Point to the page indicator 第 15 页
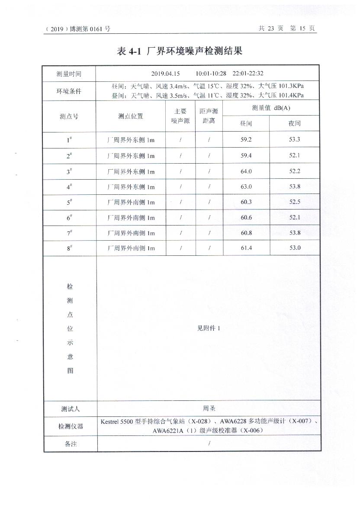[x=303, y=29]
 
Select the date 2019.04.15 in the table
[x=165, y=74]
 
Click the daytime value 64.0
[x=246, y=171]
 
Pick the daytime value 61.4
[x=246, y=248]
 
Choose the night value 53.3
[x=295, y=140]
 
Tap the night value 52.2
[x=295, y=171]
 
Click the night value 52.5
[x=295, y=202]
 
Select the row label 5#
[x=69, y=202]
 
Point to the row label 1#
[x=69, y=140]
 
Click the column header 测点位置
[x=131, y=116]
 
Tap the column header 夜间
[x=295, y=124]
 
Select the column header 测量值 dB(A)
[x=271, y=108]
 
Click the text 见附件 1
[x=209, y=328]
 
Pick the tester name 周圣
[x=209, y=408]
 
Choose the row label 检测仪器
[x=71, y=426]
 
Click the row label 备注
[x=71, y=444]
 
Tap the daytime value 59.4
[x=246, y=156]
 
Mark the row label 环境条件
[x=69, y=92]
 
